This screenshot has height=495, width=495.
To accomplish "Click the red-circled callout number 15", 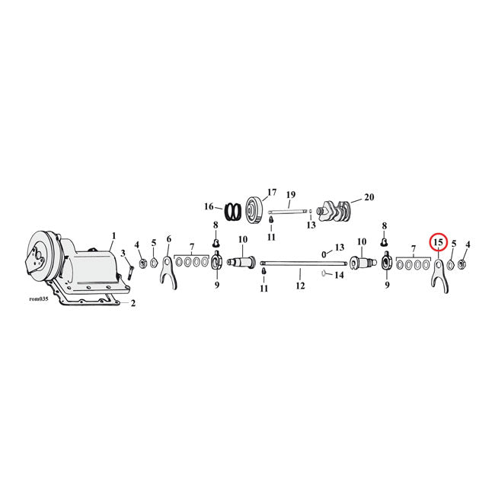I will [438, 242].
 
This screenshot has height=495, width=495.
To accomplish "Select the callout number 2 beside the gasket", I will [134, 304].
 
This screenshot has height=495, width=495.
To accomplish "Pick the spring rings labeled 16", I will [232, 209].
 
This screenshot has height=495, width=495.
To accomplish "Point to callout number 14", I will [340, 275].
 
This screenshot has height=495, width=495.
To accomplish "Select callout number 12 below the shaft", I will [300, 286].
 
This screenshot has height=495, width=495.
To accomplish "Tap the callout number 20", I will [369, 196].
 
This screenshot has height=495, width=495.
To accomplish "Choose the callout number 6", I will [168, 239].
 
